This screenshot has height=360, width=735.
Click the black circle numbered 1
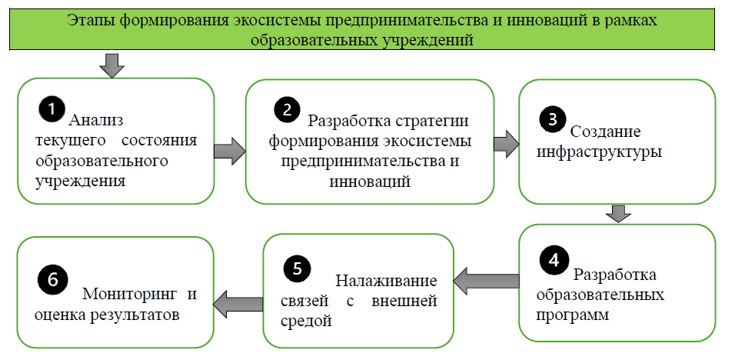pos(52,109)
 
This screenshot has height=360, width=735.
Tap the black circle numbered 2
pos(287,109)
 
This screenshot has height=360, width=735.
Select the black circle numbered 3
pos(553,119)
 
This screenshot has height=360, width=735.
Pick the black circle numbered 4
pos(554,259)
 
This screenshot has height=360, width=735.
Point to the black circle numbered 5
pos(298,268)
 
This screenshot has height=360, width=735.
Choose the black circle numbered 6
pos(52,280)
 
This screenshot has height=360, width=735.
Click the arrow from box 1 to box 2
pos(230,152)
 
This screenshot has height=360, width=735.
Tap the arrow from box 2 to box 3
pos(506,145)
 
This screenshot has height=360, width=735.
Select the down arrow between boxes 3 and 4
pos(618,213)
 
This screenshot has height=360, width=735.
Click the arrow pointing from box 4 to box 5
pos(486,281)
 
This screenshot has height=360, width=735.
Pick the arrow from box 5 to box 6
pos(238,304)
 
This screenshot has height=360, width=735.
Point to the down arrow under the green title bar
pos(111,65)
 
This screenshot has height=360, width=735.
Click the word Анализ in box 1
pos(95,121)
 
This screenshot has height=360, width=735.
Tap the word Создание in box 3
pos(605,132)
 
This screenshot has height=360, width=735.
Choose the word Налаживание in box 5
pos(387,281)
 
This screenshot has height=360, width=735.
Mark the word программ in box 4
pos(572,315)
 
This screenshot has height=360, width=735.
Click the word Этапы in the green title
pos(91,21)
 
